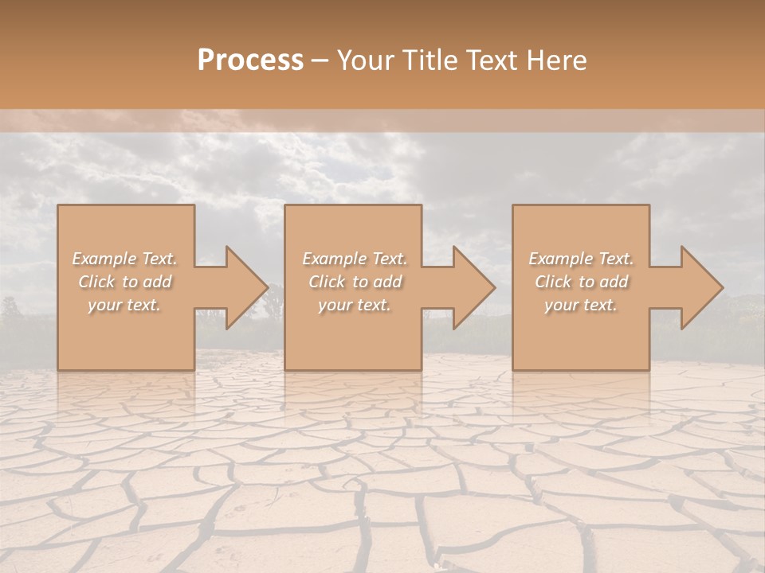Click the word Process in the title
[x=250, y=60]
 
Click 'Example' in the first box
[x=104, y=259]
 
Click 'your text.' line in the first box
[x=124, y=305]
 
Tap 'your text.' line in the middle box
[x=354, y=305]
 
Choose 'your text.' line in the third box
[x=581, y=305]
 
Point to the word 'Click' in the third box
[x=554, y=282]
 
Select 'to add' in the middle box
[x=378, y=282]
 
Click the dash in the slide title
[x=320, y=60]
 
